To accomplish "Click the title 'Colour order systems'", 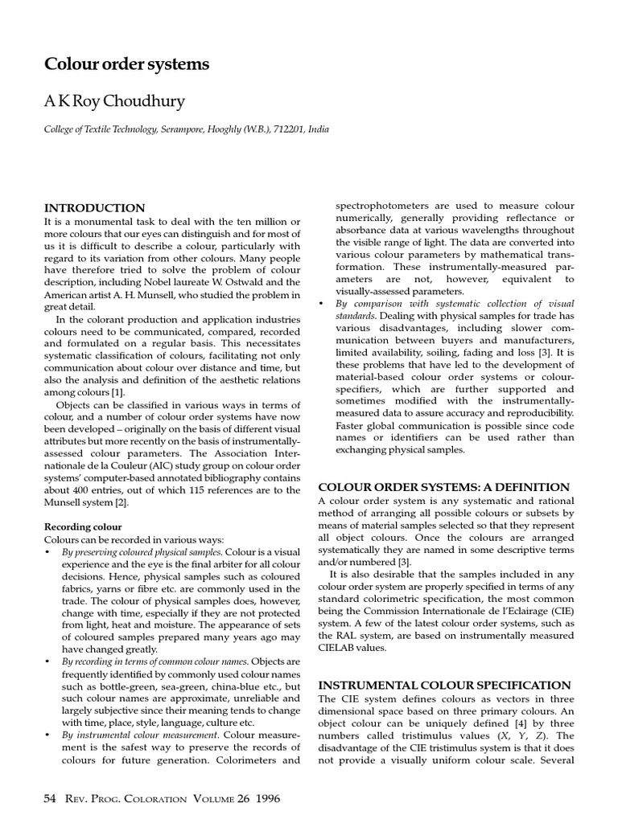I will (126, 64).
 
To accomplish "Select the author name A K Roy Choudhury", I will (115, 103).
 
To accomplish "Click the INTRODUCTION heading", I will (94, 208).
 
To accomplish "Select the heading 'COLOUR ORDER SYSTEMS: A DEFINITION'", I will (444, 487).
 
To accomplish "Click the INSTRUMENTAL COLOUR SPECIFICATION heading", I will (445, 686).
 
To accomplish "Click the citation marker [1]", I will (117, 391).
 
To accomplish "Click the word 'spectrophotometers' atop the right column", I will (377, 207).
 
